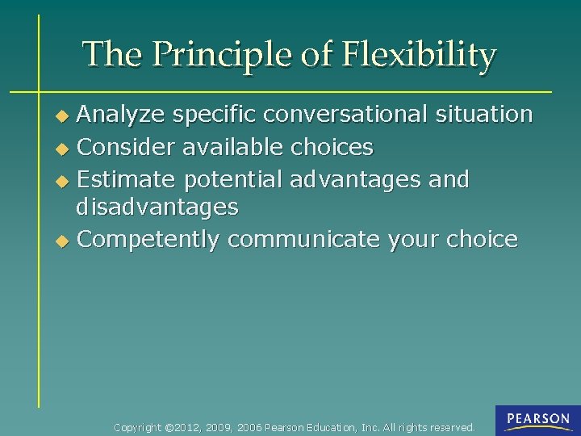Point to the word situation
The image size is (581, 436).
pyautogui.click(x=482, y=115)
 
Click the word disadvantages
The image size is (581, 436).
pyautogui.click(x=157, y=208)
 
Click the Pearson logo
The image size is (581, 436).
pyautogui.click(x=537, y=419)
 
